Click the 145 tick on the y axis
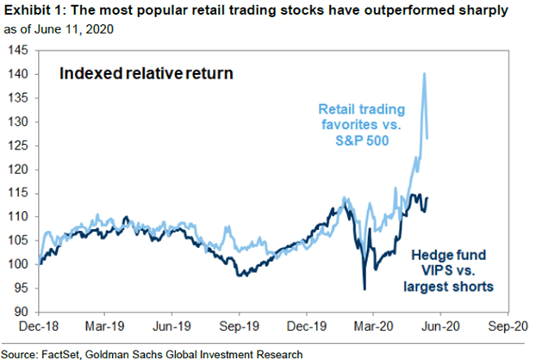click(21, 51)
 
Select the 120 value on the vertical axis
click(21, 169)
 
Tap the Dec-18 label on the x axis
click(41, 327)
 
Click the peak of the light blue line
click(424, 74)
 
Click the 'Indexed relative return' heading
click(146, 74)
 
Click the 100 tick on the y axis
click(21, 264)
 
